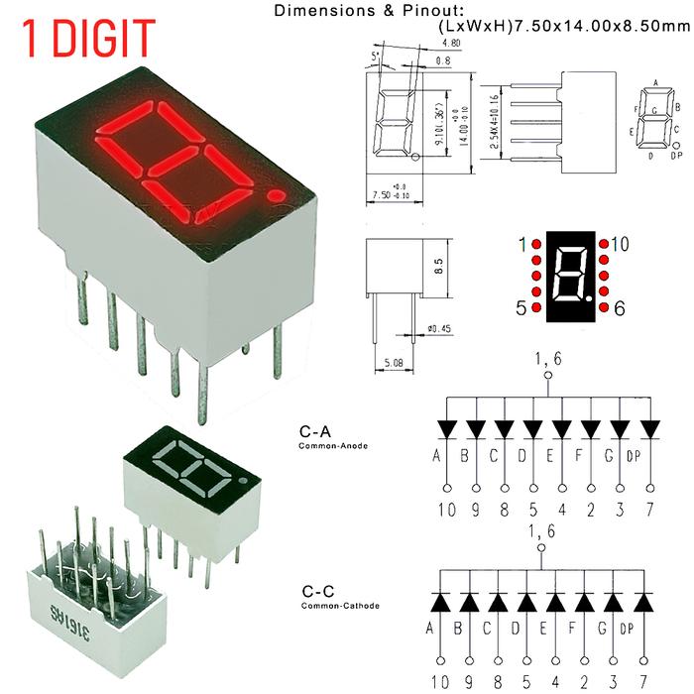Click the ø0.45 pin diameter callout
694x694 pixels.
point(437,328)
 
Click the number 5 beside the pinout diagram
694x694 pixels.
point(521,309)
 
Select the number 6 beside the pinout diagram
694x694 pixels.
point(620,309)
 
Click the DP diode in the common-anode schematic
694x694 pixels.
point(650,429)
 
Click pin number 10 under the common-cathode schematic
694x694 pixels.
point(440,682)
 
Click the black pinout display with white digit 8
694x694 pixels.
point(568,277)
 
